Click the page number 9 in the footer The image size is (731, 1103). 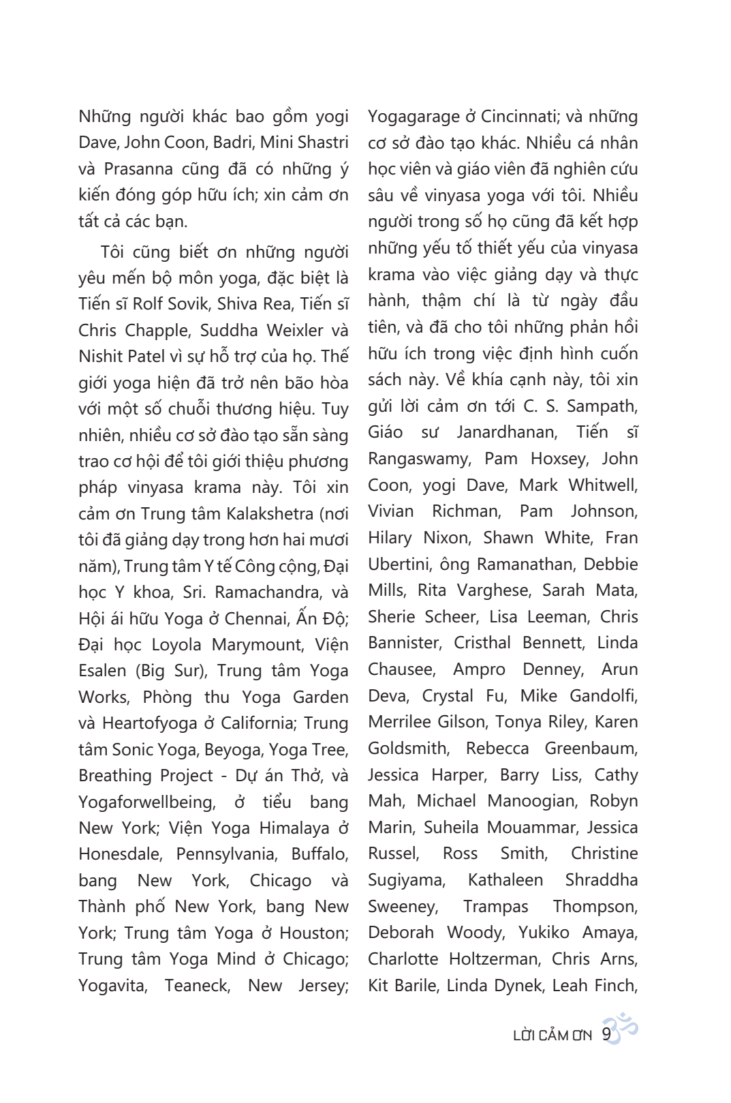click(606, 1035)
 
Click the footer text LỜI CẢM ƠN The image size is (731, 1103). click(552, 1036)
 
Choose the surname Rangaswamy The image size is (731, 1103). click(418, 459)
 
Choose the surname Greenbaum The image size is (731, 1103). click(590, 749)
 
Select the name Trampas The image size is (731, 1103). click(495, 907)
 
